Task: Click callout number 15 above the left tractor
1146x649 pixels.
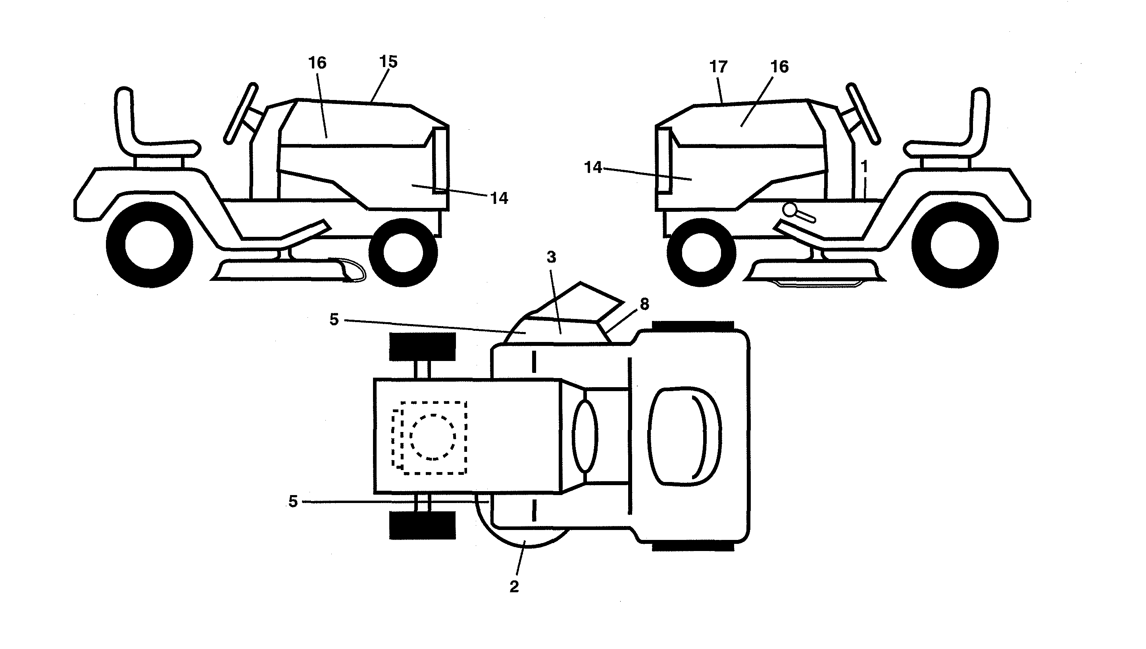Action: [388, 62]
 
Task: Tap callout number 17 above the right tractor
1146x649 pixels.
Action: [718, 67]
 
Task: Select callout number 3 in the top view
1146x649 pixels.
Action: [552, 257]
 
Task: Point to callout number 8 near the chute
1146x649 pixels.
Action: [644, 304]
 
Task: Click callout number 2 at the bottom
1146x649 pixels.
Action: [514, 587]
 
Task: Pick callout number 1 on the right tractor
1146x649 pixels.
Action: [864, 167]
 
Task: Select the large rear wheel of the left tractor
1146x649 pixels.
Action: [149, 245]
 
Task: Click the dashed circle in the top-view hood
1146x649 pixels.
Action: [433, 437]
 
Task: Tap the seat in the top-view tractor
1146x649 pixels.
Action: [684, 435]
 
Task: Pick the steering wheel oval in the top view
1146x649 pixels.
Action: [585, 435]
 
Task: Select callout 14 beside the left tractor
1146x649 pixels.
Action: [499, 198]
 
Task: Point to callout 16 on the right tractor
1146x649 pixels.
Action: [779, 67]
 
